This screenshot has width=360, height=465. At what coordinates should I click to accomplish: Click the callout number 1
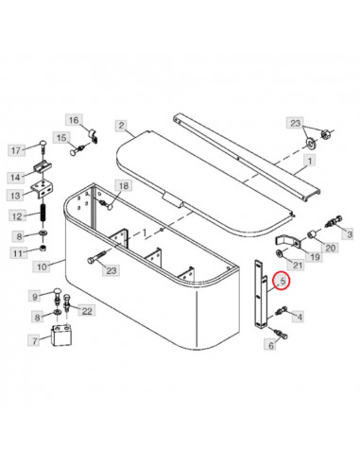tap(306, 162)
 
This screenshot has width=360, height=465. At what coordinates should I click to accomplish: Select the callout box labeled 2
tap(121, 125)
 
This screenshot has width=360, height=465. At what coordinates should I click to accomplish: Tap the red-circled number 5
tap(282, 281)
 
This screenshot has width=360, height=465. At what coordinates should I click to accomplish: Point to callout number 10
tap(41, 267)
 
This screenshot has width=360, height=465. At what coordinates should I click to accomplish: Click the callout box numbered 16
tap(74, 119)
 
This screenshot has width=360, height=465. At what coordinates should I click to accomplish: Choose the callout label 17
tap(16, 149)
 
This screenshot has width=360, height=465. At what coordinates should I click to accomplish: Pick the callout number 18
tap(123, 185)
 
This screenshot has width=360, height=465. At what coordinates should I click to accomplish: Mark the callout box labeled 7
tap(35, 340)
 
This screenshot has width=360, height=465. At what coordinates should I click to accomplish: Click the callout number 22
tap(88, 310)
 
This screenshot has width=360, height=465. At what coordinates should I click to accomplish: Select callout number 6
tap(271, 346)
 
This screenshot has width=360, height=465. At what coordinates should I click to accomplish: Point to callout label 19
tap(315, 255)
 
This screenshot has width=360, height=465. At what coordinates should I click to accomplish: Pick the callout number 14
tap(16, 177)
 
